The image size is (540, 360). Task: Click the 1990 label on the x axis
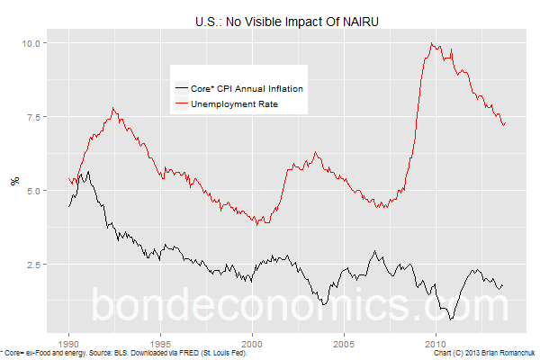pos(68,343)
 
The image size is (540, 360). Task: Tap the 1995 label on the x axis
pos(160,343)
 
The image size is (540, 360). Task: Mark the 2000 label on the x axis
pos(253,343)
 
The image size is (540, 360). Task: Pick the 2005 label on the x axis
pos(345,343)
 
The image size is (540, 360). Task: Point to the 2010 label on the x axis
pos(436,343)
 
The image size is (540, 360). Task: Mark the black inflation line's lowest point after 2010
pos(451,319)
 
